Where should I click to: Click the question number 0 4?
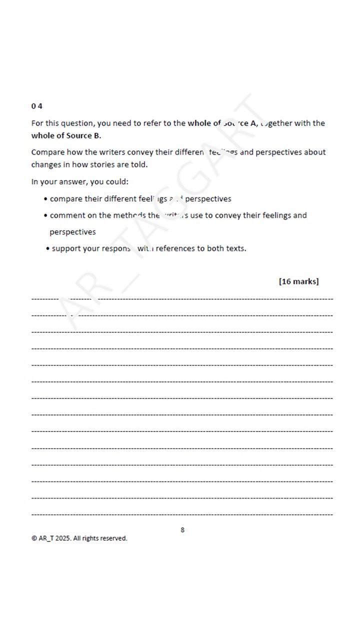coord(36,106)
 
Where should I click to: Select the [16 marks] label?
coord(298,281)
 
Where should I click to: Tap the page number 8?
coord(182,529)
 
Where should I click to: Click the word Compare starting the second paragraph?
coord(48,152)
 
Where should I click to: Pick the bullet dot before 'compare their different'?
coord(45,199)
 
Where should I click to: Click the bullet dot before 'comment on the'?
coord(45,216)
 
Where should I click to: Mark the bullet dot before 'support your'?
coord(47,249)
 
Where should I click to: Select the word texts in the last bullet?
coord(234,248)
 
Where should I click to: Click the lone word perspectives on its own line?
coord(72,232)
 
